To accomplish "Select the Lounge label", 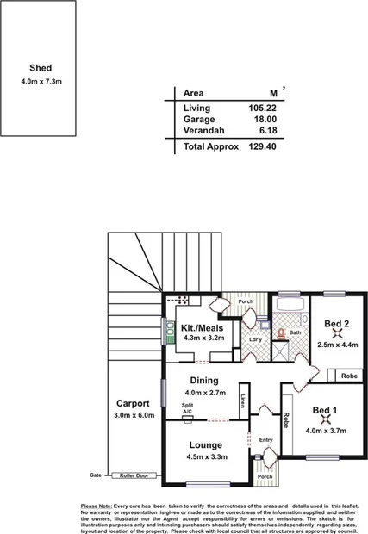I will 206,445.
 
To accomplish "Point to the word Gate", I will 96,475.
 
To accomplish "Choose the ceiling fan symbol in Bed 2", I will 334,334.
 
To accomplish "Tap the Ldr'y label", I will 255,338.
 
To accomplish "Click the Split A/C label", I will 187,408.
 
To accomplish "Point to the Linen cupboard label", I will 244,400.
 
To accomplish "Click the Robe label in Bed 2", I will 348,376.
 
